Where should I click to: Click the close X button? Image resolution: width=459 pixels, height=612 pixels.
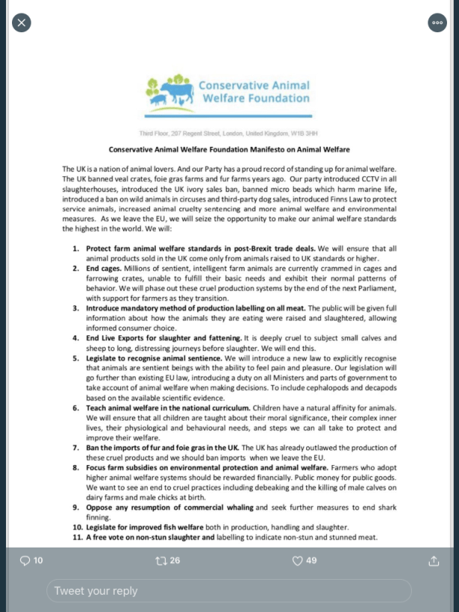click(x=21, y=22)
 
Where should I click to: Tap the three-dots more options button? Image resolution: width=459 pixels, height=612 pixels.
click(x=437, y=22)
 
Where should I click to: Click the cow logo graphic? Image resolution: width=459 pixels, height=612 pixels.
click(x=169, y=91)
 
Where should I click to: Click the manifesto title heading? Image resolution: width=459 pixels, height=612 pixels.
click(x=229, y=150)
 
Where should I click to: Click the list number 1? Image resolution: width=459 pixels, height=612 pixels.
click(x=76, y=248)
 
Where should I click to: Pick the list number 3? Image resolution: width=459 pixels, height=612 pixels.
click(x=76, y=308)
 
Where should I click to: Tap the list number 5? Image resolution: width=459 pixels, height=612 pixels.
click(x=76, y=358)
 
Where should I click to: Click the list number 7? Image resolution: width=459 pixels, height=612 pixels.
click(x=76, y=448)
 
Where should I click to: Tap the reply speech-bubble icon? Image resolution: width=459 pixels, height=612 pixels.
click(x=25, y=560)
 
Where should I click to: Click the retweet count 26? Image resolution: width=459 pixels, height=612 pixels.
click(x=175, y=560)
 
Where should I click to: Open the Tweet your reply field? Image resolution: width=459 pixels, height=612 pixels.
click(x=229, y=591)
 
